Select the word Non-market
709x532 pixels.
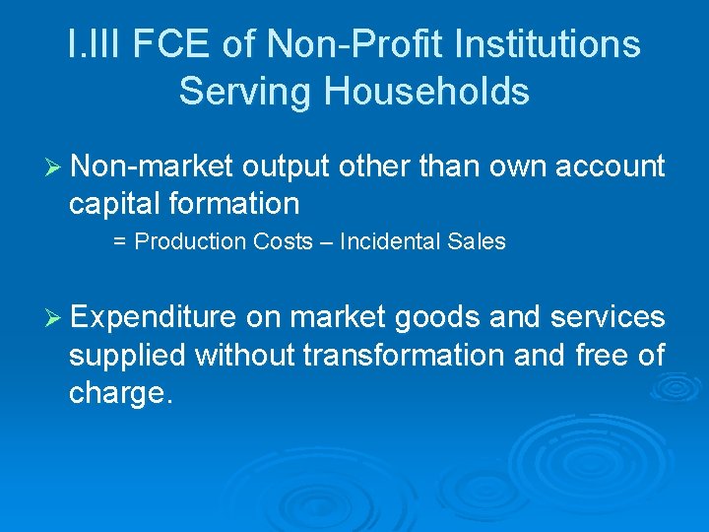click(x=152, y=167)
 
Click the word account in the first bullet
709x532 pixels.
click(x=610, y=167)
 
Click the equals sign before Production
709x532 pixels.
click(x=119, y=242)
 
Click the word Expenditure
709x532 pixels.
click(x=154, y=317)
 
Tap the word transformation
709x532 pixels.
click(x=405, y=355)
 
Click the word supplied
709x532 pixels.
click(x=127, y=356)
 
